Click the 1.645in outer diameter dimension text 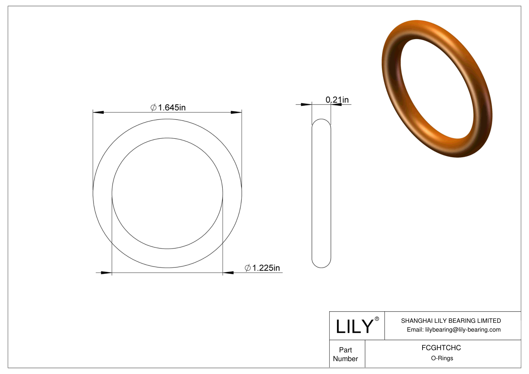click(x=172, y=108)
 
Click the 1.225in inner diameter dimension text click(x=266, y=268)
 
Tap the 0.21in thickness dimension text click(x=337, y=100)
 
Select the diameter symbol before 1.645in click(x=154, y=108)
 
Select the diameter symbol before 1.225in click(x=248, y=268)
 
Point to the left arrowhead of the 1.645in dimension click(x=98, y=112)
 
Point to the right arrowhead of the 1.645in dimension click(x=236, y=112)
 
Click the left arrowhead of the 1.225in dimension click(x=106, y=273)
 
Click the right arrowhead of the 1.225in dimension click(x=228, y=273)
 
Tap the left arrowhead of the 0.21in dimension click(x=306, y=104)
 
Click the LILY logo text click(x=354, y=327)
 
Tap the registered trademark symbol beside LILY click(x=377, y=319)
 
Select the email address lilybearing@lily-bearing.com click(x=463, y=330)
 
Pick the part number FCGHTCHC click(x=441, y=348)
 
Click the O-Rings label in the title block click(x=442, y=358)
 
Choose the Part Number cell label click(x=345, y=354)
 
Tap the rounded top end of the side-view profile click(x=321, y=121)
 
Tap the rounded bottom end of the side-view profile click(x=321, y=265)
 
